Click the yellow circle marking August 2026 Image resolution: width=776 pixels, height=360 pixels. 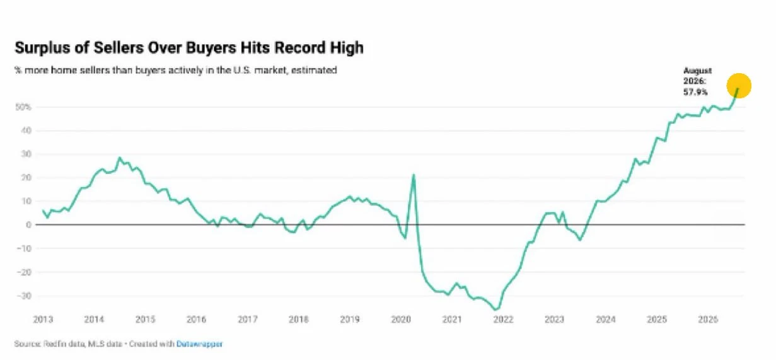[739, 86]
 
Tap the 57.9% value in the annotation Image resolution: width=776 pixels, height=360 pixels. [695, 92]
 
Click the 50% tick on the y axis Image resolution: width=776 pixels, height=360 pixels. [23, 107]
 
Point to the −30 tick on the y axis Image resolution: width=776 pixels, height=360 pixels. [24, 296]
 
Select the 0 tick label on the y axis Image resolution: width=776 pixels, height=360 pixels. [29, 224]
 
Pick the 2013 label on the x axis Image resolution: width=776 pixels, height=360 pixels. [43, 319]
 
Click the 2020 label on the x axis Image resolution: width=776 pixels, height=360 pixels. [401, 319]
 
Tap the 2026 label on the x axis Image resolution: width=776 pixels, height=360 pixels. [708, 319]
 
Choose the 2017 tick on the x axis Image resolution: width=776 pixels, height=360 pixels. [247, 319]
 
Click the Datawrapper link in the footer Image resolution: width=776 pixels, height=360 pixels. [199, 344]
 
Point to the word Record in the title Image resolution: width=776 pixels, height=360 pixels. [300, 47]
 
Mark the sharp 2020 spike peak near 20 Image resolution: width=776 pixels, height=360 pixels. [414, 175]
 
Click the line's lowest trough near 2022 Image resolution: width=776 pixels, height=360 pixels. [496, 309]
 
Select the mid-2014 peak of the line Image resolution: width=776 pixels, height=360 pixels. [120, 158]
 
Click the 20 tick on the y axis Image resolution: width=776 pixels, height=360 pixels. [26, 177]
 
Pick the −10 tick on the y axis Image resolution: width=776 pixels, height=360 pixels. [24, 248]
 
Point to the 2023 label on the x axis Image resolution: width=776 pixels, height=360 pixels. [554, 319]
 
